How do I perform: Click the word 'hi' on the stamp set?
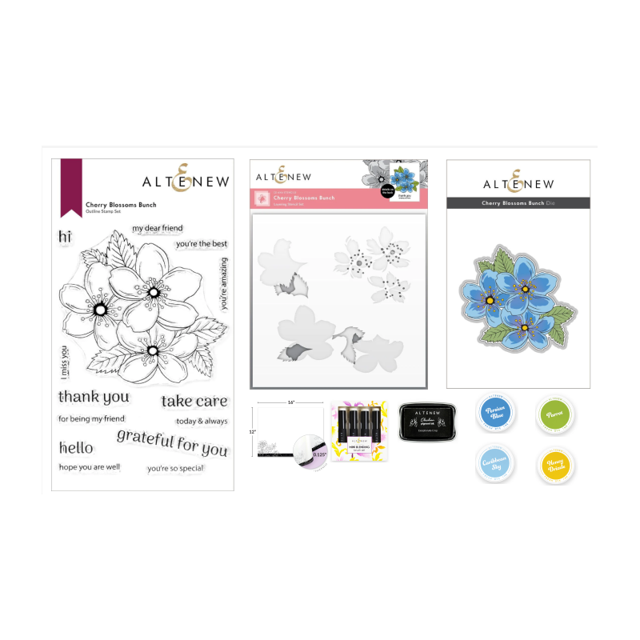pos(65,238)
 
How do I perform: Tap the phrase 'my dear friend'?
pos(158,229)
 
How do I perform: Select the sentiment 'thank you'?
pos(94,397)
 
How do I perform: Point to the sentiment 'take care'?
pos(194,402)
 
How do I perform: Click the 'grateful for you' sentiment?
pos(172,442)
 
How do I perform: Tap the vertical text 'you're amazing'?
pos(225,283)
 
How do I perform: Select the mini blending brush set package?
pos(359,434)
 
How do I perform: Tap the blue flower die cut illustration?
pos(517,295)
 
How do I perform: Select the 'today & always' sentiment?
pos(201,421)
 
